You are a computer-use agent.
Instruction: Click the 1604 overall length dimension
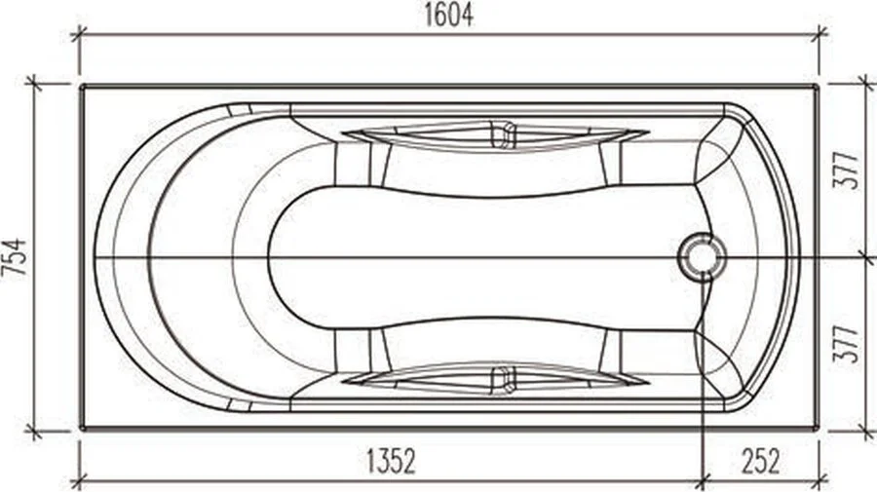449,15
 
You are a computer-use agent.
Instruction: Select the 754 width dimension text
15,257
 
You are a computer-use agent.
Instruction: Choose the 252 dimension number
759,461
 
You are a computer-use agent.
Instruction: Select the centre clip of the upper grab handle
503,134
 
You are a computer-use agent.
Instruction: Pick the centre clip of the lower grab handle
503,379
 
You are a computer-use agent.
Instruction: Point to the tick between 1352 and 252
703,479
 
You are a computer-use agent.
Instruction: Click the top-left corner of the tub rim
82,87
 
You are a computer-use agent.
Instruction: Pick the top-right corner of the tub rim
817,87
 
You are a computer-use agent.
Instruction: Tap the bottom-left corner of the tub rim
82,427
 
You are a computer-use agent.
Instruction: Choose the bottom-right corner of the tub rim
817,427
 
